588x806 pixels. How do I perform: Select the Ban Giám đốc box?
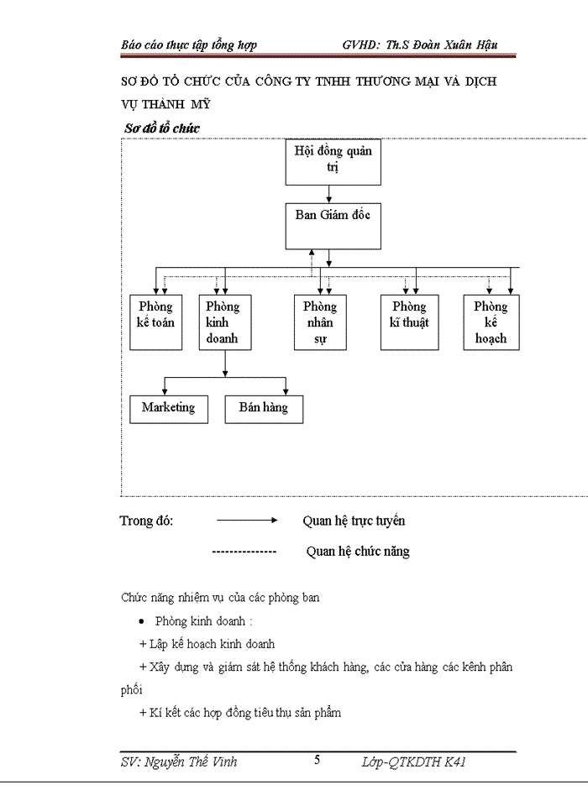(x=333, y=225)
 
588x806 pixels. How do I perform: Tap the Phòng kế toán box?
(x=155, y=322)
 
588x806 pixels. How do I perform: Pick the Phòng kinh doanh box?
(x=223, y=322)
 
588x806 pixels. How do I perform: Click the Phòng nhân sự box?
(x=320, y=322)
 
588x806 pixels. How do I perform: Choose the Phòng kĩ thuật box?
(x=410, y=322)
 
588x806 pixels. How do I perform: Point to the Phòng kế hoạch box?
(x=491, y=322)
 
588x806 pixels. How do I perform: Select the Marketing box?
(x=168, y=408)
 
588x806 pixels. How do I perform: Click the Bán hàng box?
(x=264, y=408)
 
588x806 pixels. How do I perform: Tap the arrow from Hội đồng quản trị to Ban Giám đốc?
(x=328, y=194)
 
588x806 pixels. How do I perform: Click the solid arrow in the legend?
(x=247, y=521)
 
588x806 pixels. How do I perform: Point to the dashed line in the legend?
(x=244, y=552)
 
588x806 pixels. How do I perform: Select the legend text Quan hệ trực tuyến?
(x=354, y=521)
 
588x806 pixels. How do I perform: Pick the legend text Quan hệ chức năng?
(x=358, y=552)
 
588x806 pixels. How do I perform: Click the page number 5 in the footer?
(x=317, y=761)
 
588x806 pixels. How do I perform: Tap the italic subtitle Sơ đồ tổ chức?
(x=161, y=128)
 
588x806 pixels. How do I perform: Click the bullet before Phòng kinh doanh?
(x=142, y=622)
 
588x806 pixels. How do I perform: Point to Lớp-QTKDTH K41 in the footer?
(x=413, y=762)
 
